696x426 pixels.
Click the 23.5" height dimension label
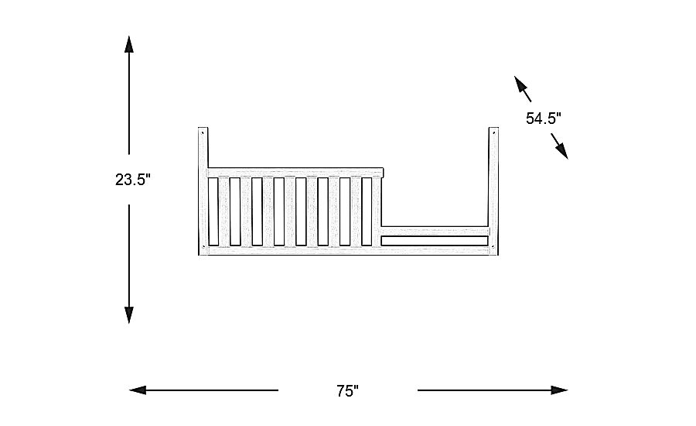pos(132,180)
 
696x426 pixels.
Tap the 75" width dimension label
pos(347,390)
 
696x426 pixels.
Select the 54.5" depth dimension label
pos(543,119)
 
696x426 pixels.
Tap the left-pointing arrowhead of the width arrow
pos(138,390)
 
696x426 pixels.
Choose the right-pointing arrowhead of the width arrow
pos(559,390)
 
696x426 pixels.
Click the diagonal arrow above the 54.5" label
pos(523,89)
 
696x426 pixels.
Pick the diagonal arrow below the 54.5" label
pos(560,146)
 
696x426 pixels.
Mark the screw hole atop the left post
pos(203,132)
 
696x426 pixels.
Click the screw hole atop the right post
pos(492,134)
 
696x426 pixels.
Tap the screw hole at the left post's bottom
pos(203,248)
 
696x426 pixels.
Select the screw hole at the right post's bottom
pos(493,247)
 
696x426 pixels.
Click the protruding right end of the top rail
pos(381,171)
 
